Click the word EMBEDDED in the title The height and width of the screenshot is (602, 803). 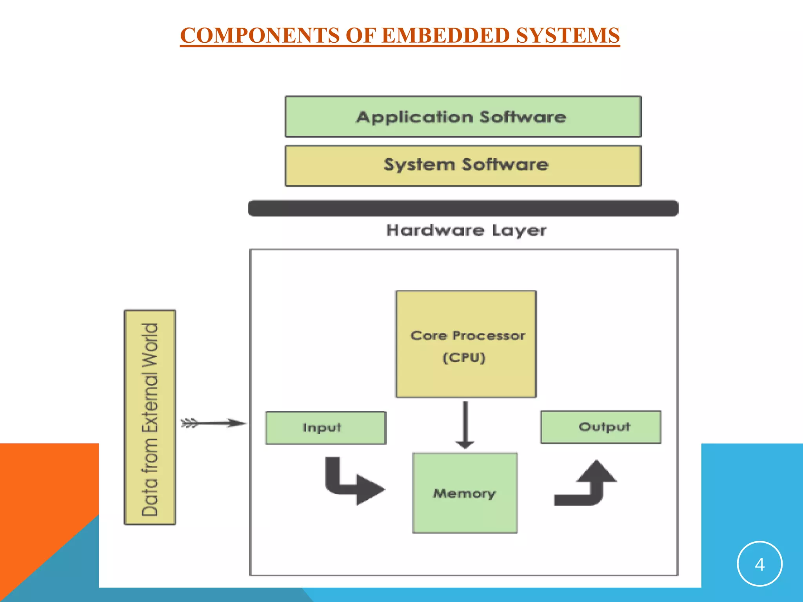pyautogui.click(x=446, y=35)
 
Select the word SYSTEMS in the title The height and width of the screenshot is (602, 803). pyautogui.click(x=568, y=35)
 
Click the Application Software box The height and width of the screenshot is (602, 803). pyautogui.click(x=463, y=117)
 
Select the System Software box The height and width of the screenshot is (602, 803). pyautogui.click(x=463, y=166)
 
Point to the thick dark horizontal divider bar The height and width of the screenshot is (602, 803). pyautogui.click(x=463, y=208)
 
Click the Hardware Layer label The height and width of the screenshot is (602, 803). pyautogui.click(x=466, y=230)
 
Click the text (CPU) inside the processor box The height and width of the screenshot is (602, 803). pyautogui.click(x=464, y=357)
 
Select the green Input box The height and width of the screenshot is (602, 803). pyautogui.click(x=325, y=428)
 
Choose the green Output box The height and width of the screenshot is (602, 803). pyautogui.click(x=601, y=427)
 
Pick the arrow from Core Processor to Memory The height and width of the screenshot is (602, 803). pyautogui.click(x=465, y=425)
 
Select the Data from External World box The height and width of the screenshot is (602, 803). pyautogui.click(x=150, y=417)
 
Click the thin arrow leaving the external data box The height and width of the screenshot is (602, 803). pyautogui.click(x=214, y=423)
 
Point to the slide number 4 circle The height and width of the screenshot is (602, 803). pyautogui.click(x=759, y=564)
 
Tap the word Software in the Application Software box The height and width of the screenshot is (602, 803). pyautogui.click(x=523, y=117)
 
